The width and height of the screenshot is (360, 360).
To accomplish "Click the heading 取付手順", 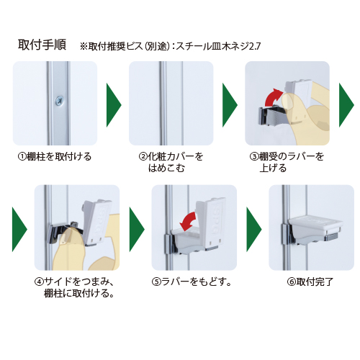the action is point(42,45).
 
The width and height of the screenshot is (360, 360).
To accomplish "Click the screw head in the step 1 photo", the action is point(59,100).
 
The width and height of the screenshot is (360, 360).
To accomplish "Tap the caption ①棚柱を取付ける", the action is point(55,157).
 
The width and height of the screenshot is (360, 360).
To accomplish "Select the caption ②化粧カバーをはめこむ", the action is point(171,162).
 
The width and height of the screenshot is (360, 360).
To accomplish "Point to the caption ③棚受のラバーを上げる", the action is point(287,162).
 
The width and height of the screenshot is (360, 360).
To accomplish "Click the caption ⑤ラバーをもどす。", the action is point(192,282).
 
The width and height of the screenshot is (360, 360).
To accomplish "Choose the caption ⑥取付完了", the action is point(310,282).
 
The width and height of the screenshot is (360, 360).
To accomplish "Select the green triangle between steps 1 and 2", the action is point(114,105).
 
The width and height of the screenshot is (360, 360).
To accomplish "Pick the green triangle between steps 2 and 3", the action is point(230,105).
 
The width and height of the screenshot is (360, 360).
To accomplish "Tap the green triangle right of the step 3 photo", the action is point(346,105).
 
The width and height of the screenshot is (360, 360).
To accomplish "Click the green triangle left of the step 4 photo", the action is point(19,230).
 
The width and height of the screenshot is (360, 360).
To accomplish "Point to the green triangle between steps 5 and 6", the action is point(254,230).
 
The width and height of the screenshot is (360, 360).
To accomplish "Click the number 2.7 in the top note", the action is point(254,46).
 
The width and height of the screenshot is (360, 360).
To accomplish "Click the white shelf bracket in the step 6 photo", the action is point(315,227).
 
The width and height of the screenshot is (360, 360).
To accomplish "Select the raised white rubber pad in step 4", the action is point(95,221).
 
